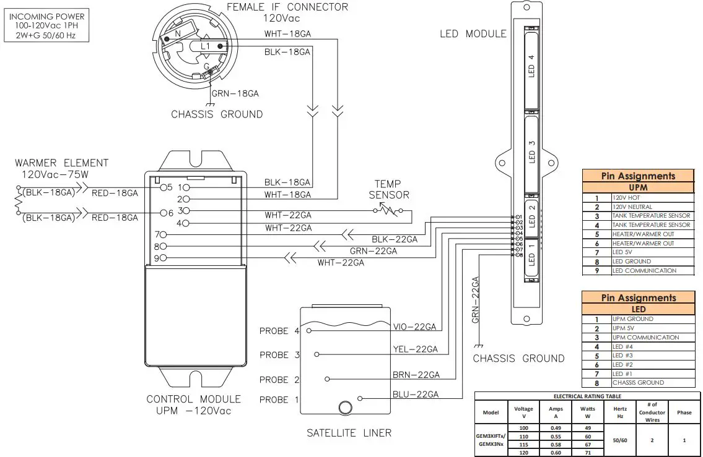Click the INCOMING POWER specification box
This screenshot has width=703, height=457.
(47, 25)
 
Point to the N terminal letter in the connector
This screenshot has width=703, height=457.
(178, 35)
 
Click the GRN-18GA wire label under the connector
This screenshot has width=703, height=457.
(235, 93)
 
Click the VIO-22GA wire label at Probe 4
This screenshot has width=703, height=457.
(416, 327)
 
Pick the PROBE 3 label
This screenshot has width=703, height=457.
(279, 355)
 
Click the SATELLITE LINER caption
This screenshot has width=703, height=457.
(349, 433)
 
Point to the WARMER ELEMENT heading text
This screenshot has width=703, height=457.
(62, 163)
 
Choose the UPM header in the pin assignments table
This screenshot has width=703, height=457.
(638, 187)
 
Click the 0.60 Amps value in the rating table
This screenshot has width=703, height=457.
(556, 451)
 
